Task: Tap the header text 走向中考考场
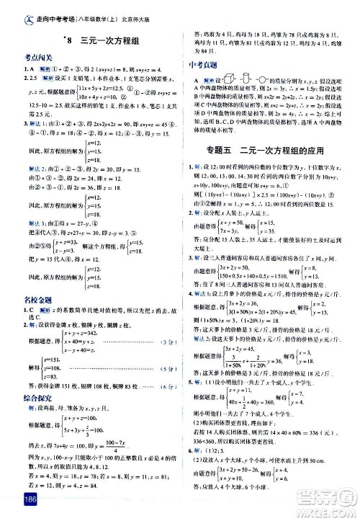[x=42, y=12]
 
